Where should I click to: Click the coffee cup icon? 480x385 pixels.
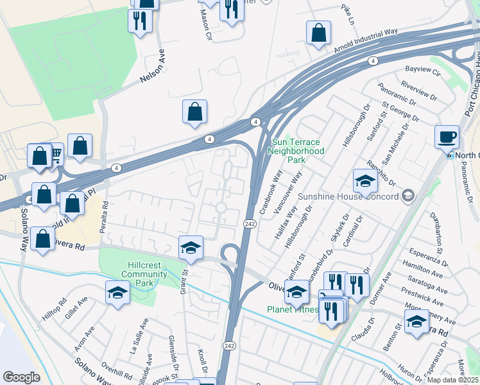pyautogui.click(x=447, y=137)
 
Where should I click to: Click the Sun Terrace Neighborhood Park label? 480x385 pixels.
pyautogui.click(x=298, y=151)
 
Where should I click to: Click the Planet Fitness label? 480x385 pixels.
pyautogui.click(x=293, y=309)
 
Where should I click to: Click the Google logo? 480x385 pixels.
pyautogui.click(x=22, y=377)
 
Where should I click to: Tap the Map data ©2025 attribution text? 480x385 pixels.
pyautogui.click(x=452, y=379)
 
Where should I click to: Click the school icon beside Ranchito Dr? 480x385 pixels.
pyautogui.click(x=364, y=180)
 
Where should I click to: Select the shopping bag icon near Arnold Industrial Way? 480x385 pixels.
pyautogui.click(x=318, y=33)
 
